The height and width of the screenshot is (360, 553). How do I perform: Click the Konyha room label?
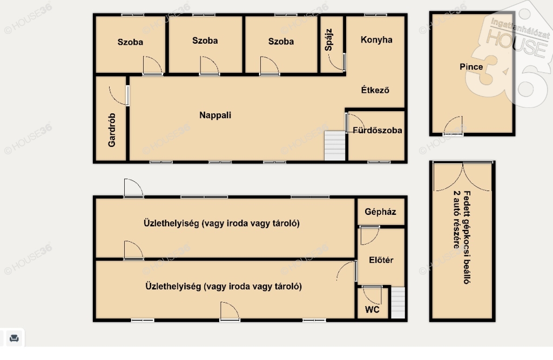tap(376, 40)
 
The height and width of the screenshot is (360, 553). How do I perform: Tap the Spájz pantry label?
tap(329, 40)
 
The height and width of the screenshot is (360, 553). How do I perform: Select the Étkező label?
tap(375, 90)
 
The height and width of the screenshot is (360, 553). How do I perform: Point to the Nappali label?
tap(215, 116)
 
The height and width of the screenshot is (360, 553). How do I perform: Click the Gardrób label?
tap(112, 130)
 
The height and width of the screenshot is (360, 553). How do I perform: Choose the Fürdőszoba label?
tap(377, 131)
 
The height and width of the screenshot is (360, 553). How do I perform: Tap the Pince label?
tap(471, 66)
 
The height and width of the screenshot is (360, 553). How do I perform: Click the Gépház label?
tap(380, 212)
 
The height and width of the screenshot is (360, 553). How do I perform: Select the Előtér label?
tap(381, 260)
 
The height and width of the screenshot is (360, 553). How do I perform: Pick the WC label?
tap(372, 310)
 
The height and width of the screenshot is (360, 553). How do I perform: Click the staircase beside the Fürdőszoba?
tap(335, 146)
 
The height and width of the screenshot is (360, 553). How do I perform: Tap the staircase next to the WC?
tap(398, 303)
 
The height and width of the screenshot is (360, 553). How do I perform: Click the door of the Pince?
tap(453, 126)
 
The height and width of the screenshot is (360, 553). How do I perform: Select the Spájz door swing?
tap(336, 62)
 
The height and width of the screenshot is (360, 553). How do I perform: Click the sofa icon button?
tap(14, 338)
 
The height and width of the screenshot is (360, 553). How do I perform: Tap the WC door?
tap(372, 295)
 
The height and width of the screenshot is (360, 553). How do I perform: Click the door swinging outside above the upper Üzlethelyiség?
tap(133, 188)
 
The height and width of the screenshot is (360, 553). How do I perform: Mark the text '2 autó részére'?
tap(456, 220)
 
